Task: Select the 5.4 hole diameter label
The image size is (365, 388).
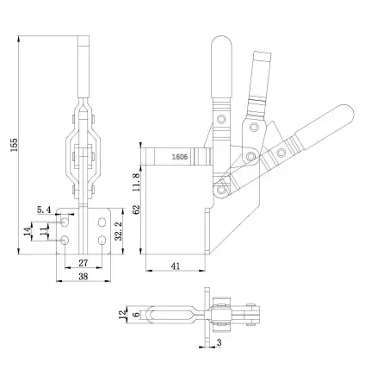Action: (x=45, y=210)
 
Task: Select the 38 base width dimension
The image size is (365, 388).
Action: (x=84, y=278)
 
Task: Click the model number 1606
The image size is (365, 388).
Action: (x=180, y=158)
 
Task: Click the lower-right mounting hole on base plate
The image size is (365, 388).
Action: (x=102, y=238)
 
